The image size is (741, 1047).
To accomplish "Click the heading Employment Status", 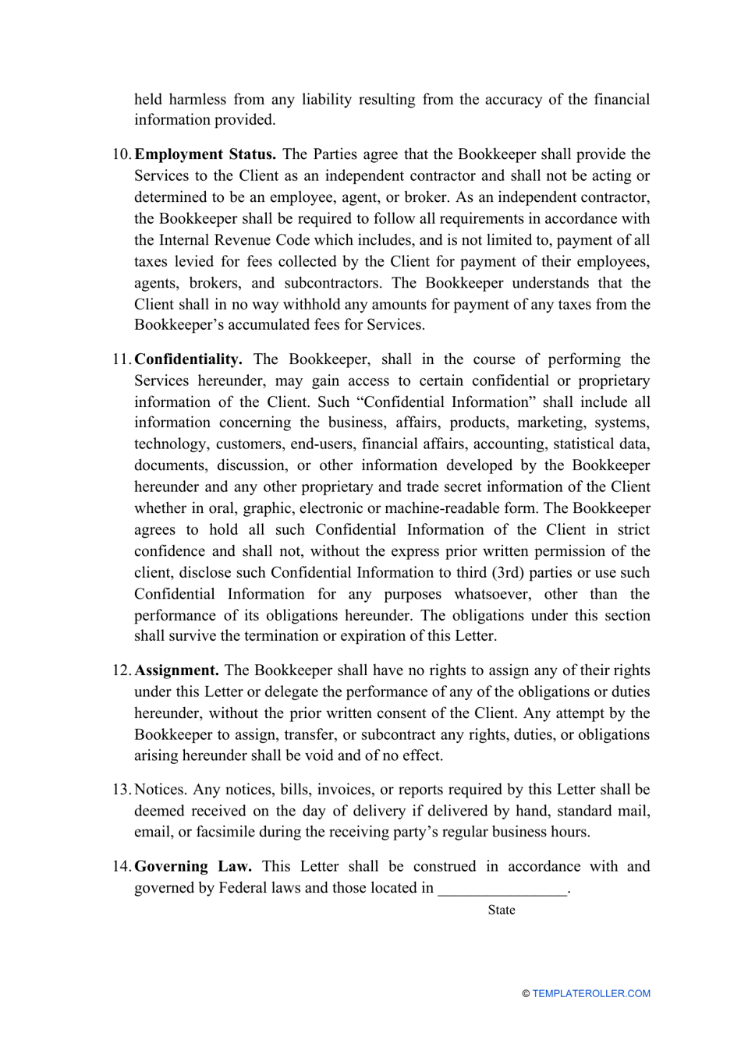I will coord(205,154).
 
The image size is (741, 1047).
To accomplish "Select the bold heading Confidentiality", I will coord(188,359).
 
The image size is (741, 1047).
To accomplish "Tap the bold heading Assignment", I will coord(176,670).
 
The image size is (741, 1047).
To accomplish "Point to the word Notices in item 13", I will coord(160,790).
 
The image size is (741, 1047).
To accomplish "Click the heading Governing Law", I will coord(193,866).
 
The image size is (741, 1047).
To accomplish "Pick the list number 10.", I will coord(122,154).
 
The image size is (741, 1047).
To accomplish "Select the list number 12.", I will coord(122,670).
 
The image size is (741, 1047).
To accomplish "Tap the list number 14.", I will coord(122,866).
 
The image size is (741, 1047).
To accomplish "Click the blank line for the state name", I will coord(502,890).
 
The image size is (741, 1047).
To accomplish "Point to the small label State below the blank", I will coord(502,910).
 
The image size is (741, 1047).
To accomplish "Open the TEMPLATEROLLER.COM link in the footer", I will coord(591,994).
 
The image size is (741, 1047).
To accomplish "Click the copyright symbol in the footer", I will coord(526,994).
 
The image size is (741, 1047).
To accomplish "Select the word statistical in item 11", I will coord(584,444).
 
